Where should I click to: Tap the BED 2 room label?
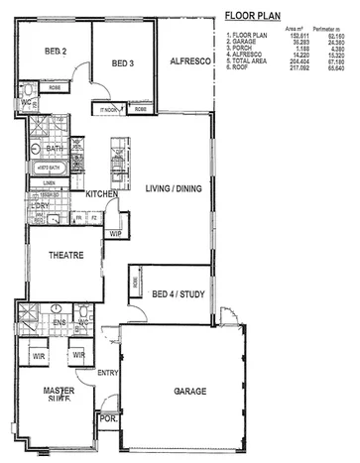click(x=56, y=52)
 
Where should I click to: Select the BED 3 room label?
click(x=122, y=61)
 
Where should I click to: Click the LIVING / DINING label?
click(x=175, y=187)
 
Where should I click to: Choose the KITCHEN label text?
click(x=103, y=194)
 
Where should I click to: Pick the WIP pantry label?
click(x=115, y=234)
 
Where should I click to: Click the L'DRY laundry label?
click(x=30, y=206)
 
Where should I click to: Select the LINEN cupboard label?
click(x=48, y=182)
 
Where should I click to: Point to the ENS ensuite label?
click(x=59, y=321)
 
